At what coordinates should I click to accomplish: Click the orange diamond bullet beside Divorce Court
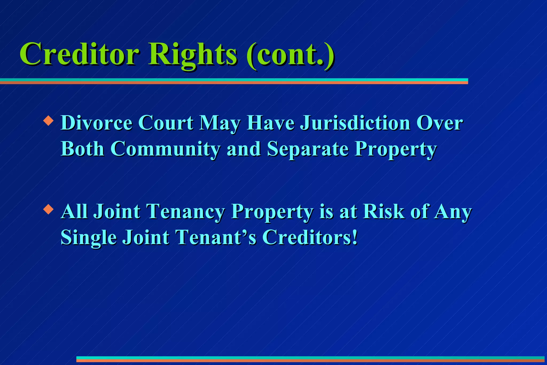click(x=48, y=121)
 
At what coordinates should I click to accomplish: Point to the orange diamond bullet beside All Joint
click(x=48, y=209)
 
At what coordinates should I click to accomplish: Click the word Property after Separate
click(x=396, y=149)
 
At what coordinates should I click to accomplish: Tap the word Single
click(x=88, y=237)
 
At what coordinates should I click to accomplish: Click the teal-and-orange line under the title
click(x=234, y=81)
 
